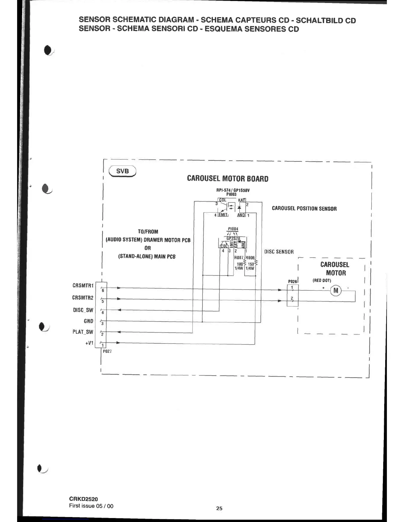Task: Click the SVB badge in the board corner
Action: [x=122, y=171]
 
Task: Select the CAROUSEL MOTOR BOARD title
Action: [x=227, y=179]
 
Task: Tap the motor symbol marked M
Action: [x=336, y=290]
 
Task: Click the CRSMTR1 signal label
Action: [x=83, y=285]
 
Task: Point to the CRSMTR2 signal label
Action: [x=83, y=298]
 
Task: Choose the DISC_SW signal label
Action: [x=83, y=310]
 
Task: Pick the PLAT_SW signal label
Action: [x=83, y=332]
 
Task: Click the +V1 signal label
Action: [x=89, y=343]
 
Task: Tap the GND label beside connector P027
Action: [x=88, y=321]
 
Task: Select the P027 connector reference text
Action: [x=107, y=351]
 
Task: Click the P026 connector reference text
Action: [x=292, y=281]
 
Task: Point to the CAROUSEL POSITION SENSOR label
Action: [x=304, y=209]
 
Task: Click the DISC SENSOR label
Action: [x=279, y=252]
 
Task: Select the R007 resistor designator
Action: [x=239, y=258]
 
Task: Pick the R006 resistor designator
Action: [x=250, y=258]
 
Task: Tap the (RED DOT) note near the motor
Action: [x=321, y=280]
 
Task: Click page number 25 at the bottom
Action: [x=219, y=508]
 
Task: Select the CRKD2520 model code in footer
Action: [x=84, y=499]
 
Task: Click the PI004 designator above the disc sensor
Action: [x=233, y=229]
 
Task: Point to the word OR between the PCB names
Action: [x=148, y=248]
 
